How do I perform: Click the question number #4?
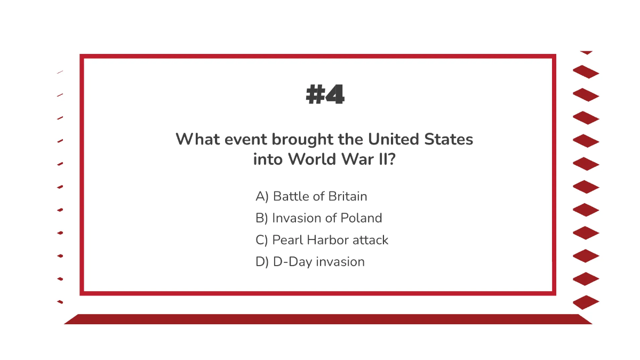coord(325,95)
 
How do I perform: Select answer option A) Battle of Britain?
coord(311,196)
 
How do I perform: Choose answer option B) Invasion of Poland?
coord(319,218)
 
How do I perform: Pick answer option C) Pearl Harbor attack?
coord(322,240)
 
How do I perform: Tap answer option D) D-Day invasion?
coord(310,262)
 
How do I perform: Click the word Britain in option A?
coord(348,196)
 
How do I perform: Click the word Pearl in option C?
coord(286,240)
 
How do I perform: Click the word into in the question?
coord(268,159)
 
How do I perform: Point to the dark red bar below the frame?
coord(327,319)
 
